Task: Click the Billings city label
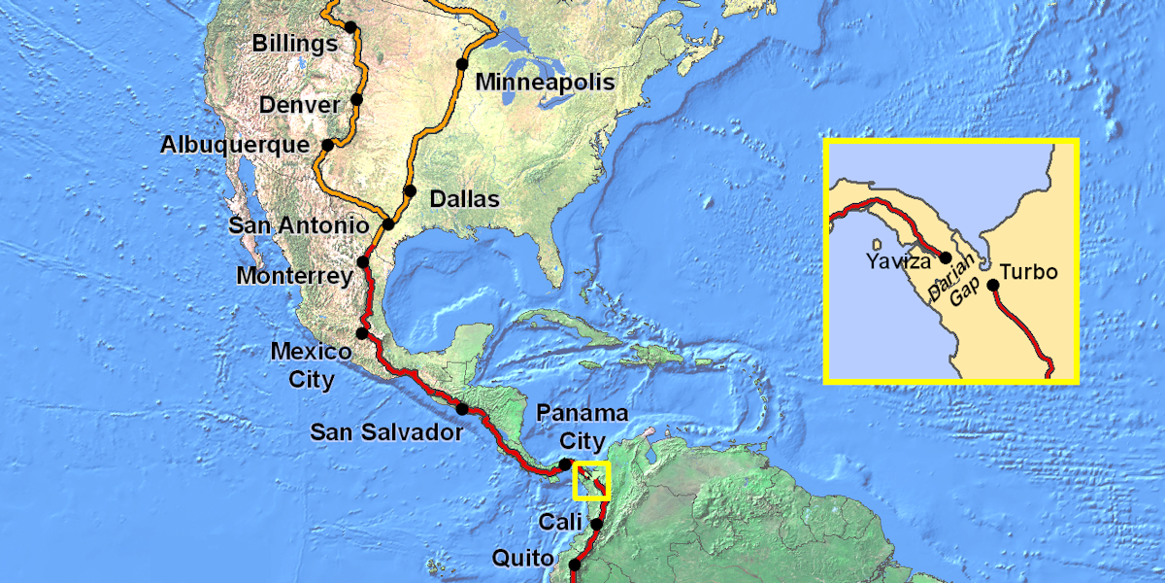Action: click(294, 44)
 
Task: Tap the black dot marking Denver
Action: click(356, 99)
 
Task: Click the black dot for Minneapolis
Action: click(462, 64)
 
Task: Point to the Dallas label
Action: click(464, 199)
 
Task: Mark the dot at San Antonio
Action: click(388, 224)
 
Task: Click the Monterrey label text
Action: click(294, 276)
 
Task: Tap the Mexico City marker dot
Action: click(361, 333)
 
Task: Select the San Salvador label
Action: click(386, 432)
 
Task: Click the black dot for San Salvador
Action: click(462, 409)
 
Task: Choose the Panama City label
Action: click(582, 427)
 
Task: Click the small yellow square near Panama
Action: click(591, 481)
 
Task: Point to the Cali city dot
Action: click(596, 525)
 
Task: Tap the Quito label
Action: click(523, 559)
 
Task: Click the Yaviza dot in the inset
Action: click(946, 257)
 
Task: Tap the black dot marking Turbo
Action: click(992, 285)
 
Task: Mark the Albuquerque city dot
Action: click(327, 145)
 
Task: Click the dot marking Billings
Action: click(350, 27)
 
